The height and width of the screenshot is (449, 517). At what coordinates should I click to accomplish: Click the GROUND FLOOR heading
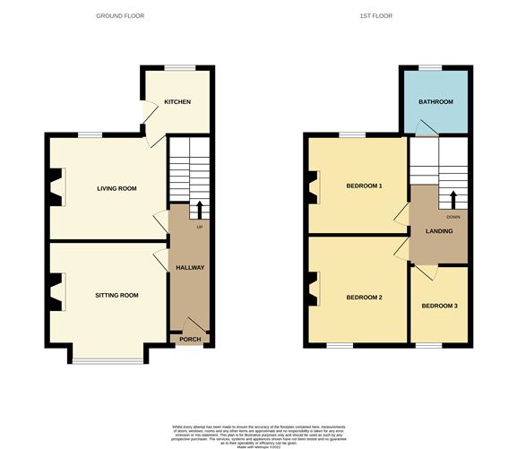click(x=119, y=16)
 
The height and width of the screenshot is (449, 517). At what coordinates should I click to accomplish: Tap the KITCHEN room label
click(x=177, y=102)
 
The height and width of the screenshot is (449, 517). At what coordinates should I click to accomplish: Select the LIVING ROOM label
click(x=116, y=188)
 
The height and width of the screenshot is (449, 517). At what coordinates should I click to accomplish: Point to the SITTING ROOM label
click(x=116, y=295)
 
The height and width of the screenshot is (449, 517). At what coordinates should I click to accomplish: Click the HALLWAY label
click(x=189, y=268)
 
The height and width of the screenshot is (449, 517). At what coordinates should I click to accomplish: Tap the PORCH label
click(x=189, y=339)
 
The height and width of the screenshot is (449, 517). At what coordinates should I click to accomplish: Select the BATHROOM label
click(x=436, y=102)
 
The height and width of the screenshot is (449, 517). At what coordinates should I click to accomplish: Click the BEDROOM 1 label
click(x=365, y=186)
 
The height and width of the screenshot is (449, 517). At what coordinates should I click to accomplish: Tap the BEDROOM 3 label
click(x=440, y=307)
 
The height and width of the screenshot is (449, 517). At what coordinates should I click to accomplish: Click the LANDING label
click(x=439, y=231)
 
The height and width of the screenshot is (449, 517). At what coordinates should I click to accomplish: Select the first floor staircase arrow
click(x=452, y=198)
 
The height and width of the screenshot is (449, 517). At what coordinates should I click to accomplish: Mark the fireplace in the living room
click(x=56, y=187)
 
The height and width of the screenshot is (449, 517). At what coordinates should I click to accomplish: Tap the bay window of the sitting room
click(x=108, y=360)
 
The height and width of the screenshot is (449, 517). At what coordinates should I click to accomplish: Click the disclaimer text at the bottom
click(x=258, y=431)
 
